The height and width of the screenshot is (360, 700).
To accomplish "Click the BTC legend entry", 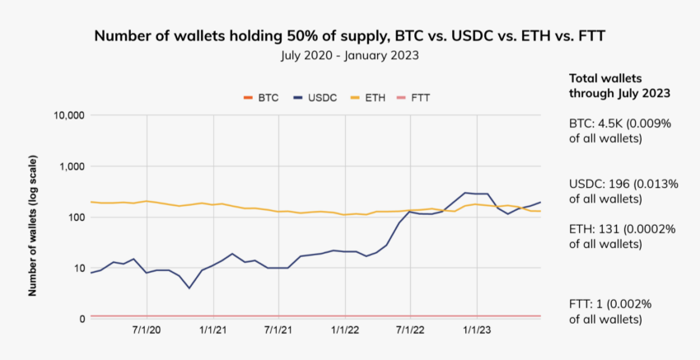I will [261, 97].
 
